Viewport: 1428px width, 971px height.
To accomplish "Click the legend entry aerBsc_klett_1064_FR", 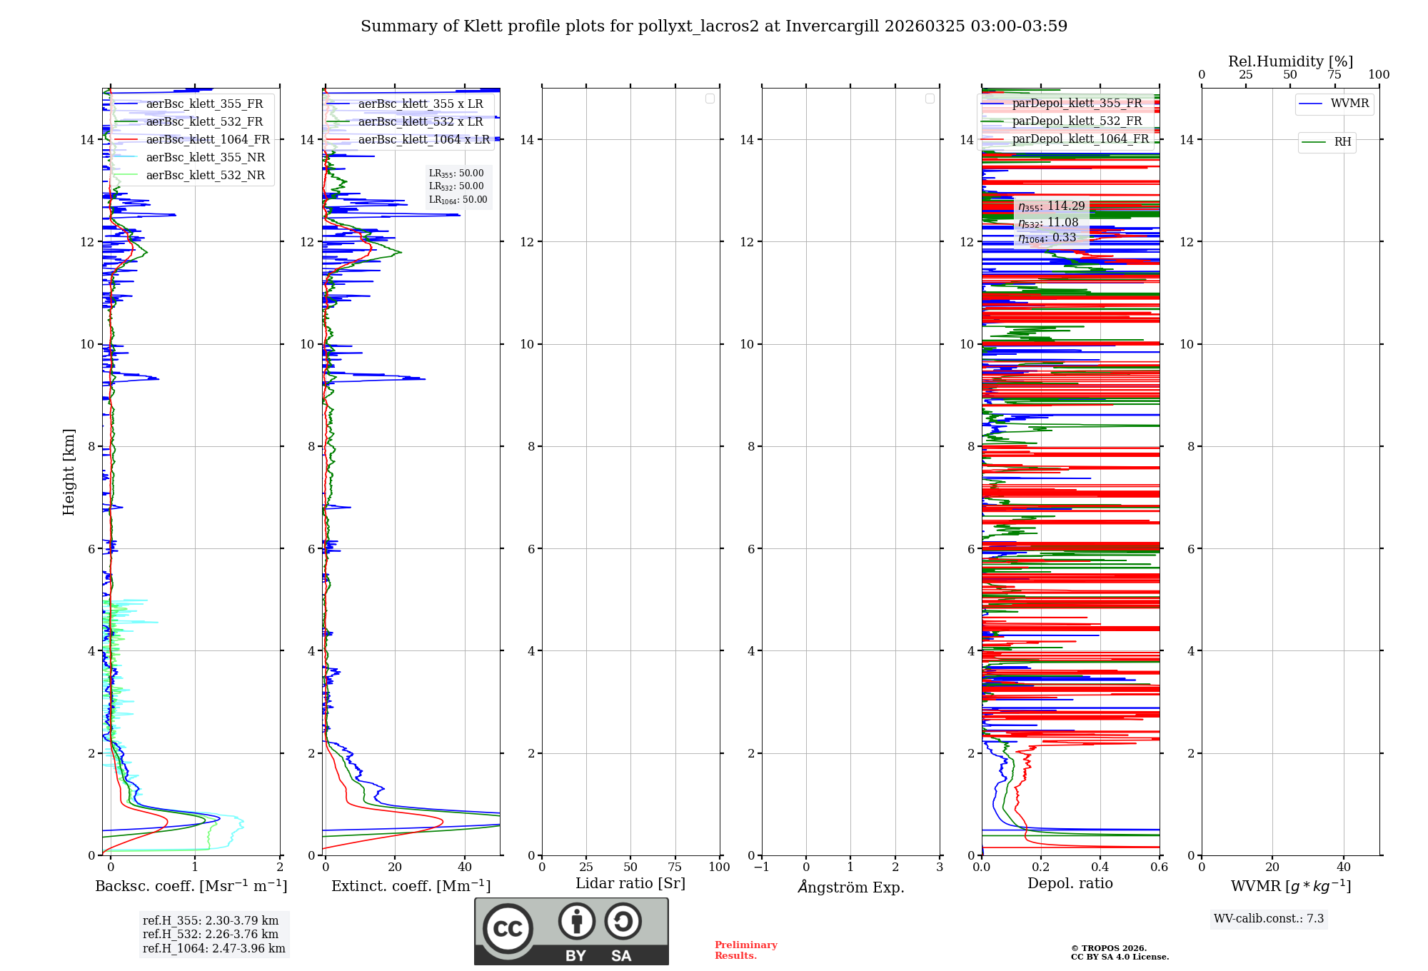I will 207,139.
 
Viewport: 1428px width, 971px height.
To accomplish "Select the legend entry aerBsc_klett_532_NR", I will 205,175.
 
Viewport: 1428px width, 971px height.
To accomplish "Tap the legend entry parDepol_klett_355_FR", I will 1077,104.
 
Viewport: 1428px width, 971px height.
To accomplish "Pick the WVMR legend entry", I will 1349,104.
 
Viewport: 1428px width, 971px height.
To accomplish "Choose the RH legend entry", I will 1342,142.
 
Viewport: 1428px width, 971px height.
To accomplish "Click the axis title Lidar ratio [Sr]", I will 630,883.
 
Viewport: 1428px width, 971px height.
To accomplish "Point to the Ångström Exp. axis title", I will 850,887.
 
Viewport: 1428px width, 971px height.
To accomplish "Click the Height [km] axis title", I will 69,472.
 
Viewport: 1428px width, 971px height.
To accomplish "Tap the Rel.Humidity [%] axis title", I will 1290,61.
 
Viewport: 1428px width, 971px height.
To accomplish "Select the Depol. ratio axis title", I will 1070,883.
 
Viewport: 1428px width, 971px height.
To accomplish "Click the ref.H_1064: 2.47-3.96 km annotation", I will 213,948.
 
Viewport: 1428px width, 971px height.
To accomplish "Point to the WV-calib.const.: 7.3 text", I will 1269,918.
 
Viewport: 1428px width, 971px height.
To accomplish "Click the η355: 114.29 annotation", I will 1051,206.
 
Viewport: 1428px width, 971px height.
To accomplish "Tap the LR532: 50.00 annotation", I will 456,186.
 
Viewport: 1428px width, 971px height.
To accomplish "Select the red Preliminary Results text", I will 745,950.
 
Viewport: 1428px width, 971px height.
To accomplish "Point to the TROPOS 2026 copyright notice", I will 1119,952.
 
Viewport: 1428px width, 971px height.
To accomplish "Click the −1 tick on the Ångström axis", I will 761,867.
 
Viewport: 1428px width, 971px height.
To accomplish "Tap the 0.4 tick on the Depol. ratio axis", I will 1100,867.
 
